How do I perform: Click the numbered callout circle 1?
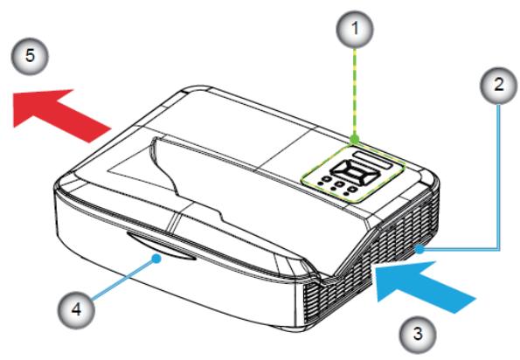click(x=355, y=30)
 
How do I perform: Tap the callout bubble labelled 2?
click(x=499, y=86)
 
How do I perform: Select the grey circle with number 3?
click(x=418, y=334)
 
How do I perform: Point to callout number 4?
click(x=77, y=310)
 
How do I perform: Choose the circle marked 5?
click(x=30, y=56)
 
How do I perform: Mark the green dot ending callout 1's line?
click(x=355, y=139)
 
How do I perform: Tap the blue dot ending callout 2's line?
click(x=419, y=249)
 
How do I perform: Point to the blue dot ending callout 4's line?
click(x=156, y=259)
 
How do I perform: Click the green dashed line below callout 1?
click(x=355, y=92)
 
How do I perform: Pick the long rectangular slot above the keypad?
click(x=373, y=160)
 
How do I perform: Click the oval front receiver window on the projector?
click(x=160, y=246)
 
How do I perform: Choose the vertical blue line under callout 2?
click(x=499, y=177)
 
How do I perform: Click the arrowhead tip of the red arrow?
click(x=13, y=128)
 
